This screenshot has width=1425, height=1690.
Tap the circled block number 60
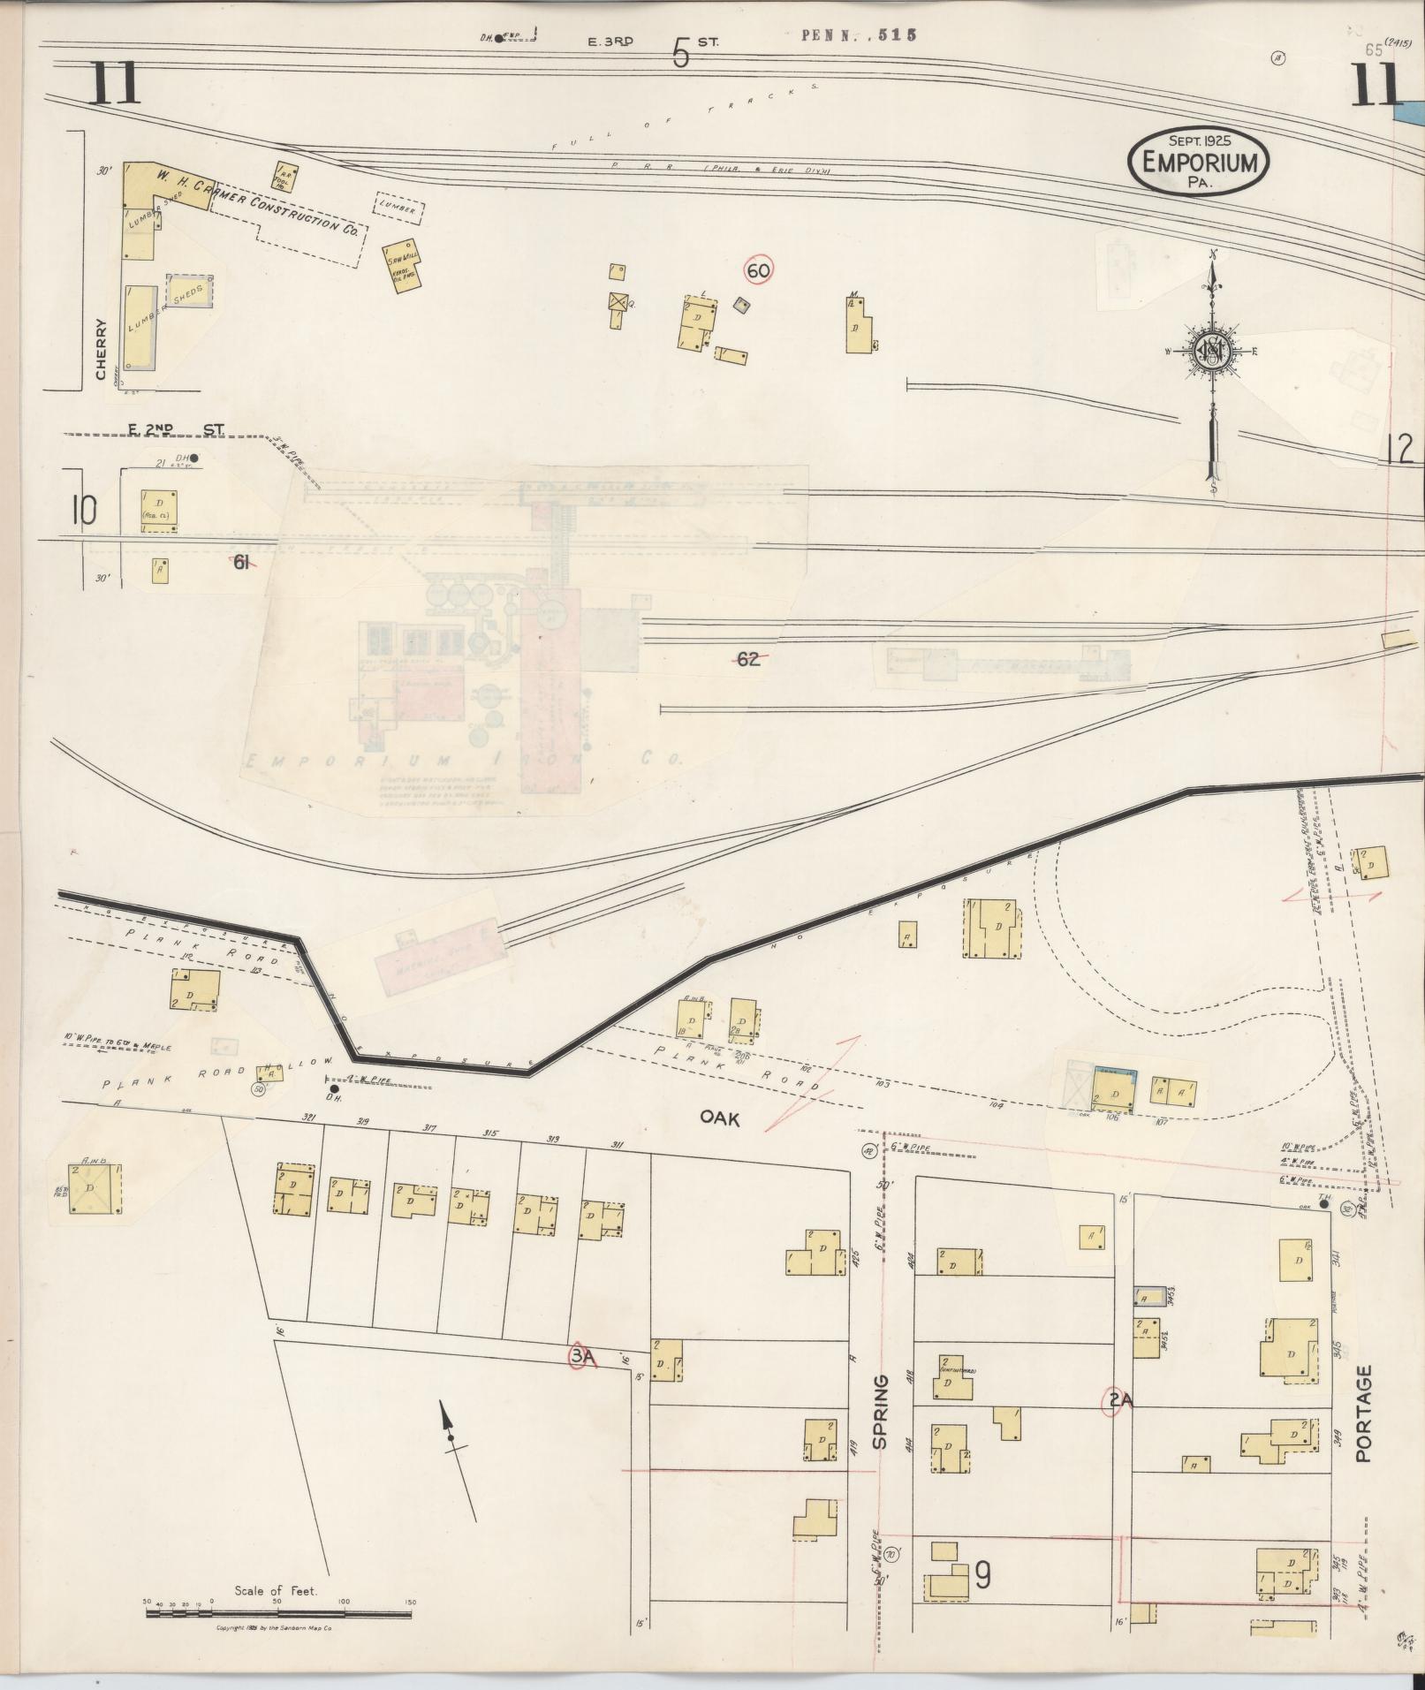(x=759, y=271)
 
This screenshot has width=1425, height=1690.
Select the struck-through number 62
(x=747, y=658)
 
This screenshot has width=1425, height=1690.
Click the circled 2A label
(x=1119, y=1399)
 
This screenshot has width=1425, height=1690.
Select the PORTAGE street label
(x=1363, y=1413)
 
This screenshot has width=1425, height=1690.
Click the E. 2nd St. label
(x=176, y=430)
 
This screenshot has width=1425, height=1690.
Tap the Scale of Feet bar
(x=278, y=1613)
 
